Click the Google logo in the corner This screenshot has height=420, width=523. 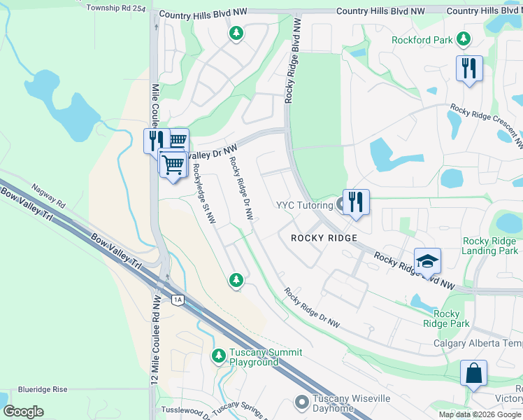coord(23,411)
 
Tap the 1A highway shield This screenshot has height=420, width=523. coord(178,300)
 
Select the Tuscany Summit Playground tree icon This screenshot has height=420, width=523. coord(219,356)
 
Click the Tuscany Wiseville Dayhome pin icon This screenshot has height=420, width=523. coord(302,402)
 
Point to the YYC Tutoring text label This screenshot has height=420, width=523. coord(304,206)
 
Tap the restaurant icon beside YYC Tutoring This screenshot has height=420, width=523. coord(356,203)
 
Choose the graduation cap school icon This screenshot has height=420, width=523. coord(427,262)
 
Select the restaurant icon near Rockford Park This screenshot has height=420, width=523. coord(468,69)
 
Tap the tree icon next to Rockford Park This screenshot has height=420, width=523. coord(462,38)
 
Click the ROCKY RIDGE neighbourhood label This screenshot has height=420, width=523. coord(324,238)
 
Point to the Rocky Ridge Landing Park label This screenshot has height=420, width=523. coord(490,246)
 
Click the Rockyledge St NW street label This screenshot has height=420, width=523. coord(203,194)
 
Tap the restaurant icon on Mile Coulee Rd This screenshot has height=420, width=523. coord(156,140)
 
